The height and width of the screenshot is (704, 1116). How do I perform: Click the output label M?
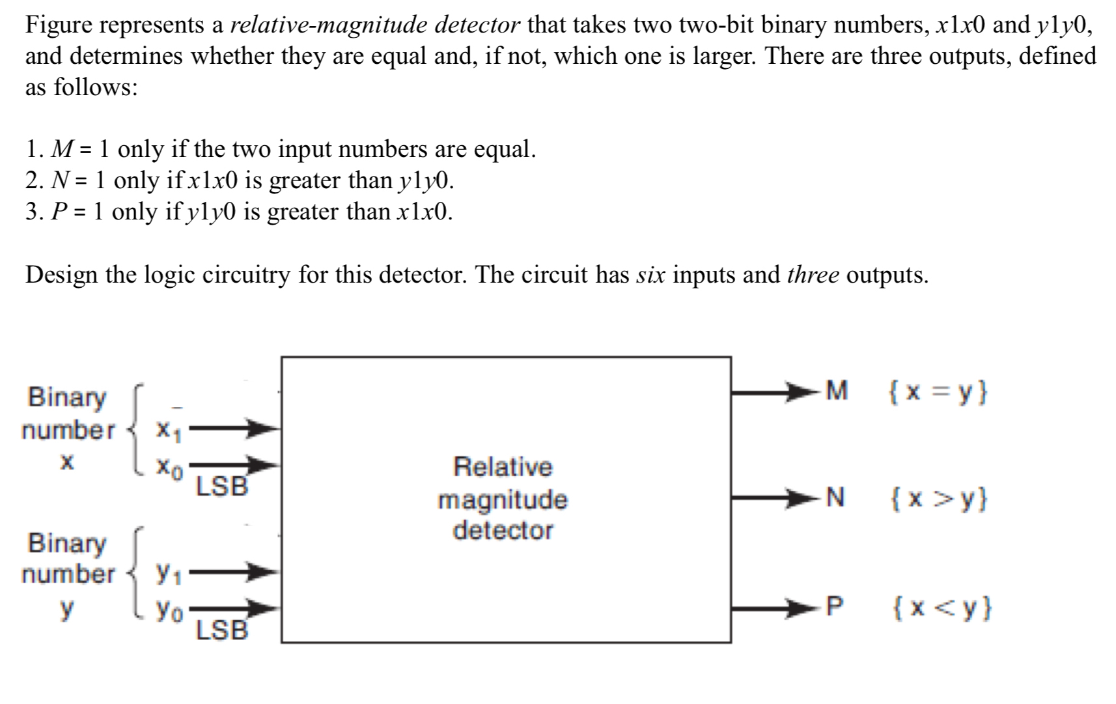pos(837,391)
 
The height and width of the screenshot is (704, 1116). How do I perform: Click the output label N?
pos(835,498)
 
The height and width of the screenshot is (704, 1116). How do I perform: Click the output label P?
pos(835,606)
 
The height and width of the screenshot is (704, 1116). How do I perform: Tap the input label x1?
pos(169,430)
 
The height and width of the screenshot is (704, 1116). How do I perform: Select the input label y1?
pos(169,573)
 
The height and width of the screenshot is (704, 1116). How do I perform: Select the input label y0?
pos(169,610)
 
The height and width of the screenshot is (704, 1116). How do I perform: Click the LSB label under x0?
pos(222,486)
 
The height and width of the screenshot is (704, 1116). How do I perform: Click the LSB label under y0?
pos(222,630)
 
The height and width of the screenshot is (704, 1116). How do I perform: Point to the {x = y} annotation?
pos(938,391)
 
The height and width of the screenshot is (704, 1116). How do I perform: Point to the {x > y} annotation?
pos(938,498)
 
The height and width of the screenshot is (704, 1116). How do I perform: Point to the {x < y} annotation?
pos(941,607)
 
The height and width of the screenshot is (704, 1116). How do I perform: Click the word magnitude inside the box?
pos(503,500)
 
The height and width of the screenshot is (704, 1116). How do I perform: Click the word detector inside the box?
pos(503,530)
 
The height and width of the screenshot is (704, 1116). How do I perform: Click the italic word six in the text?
pos(650,275)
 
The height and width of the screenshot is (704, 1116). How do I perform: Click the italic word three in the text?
pos(813,275)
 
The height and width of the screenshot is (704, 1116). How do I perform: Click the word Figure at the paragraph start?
pos(59,25)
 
